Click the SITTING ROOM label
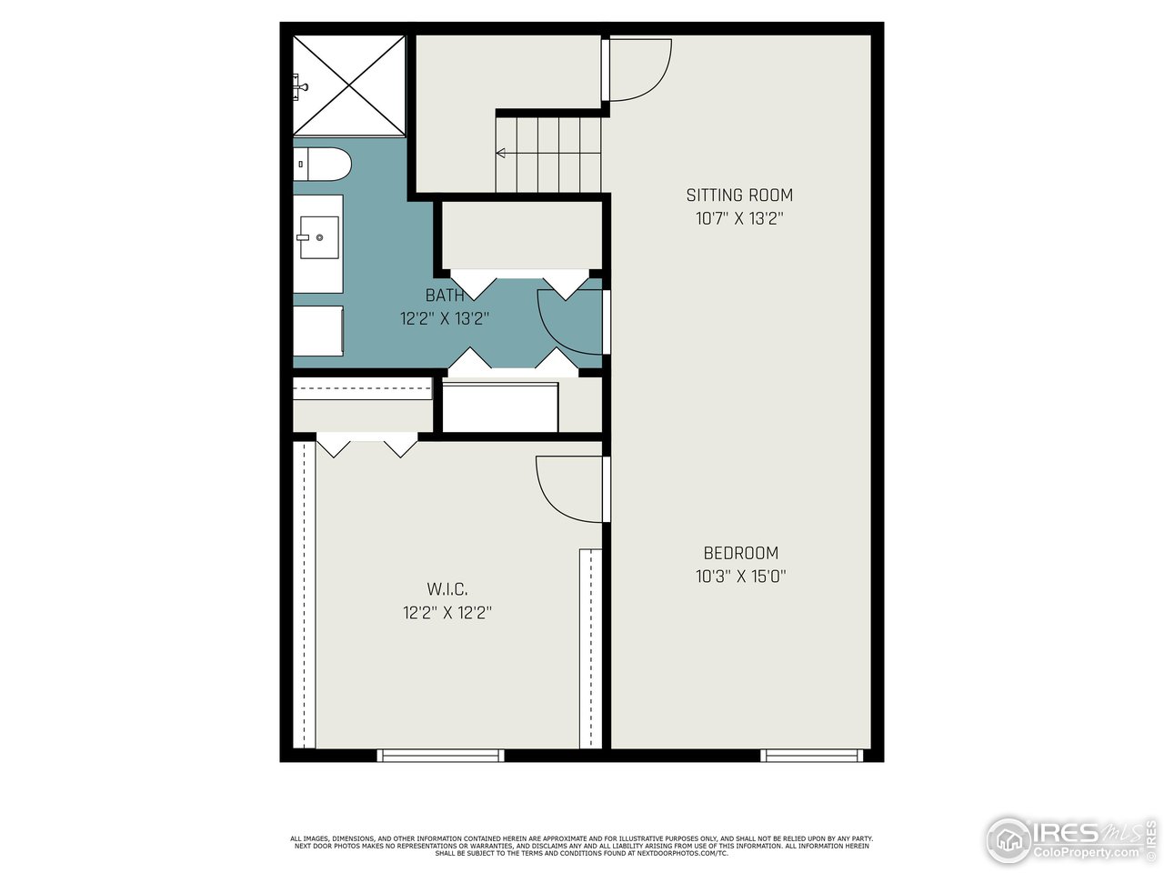point(738,195)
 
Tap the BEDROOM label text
point(740,553)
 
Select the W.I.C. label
point(447,590)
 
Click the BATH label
point(445,296)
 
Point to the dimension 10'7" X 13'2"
point(738,218)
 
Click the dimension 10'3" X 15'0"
point(740,576)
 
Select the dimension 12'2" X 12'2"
point(447,613)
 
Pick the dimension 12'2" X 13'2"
point(445,319)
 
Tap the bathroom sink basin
point(318,238)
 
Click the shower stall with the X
point(349,85)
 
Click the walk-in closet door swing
point(568,489)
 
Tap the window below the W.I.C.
point(441,755)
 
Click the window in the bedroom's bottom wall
point(812,755)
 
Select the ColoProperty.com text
point(1088,852)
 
